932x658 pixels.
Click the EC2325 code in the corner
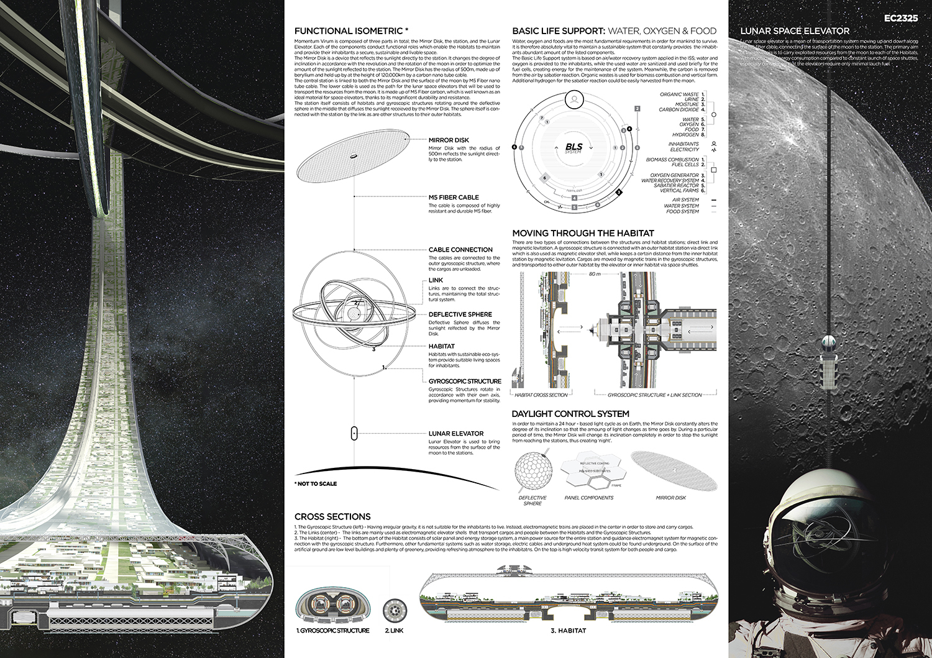(x=900, y=18)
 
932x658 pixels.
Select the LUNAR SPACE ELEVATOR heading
(x=795, y=30)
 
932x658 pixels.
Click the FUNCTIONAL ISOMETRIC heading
(x=351, y=31)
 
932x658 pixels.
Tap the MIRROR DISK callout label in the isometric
(x=449, y=140)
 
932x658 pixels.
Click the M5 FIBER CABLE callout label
(x=454, y=198)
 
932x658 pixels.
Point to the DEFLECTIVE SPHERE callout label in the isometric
(x=460, y=314)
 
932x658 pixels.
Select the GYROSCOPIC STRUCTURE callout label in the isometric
(x=465, y=381)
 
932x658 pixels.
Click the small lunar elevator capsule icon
(x=354, y=434)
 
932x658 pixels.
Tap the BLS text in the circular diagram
(x=573, y=147)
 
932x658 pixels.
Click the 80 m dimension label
(x=595, y=274)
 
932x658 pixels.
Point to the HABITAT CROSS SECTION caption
(x=541, y=395)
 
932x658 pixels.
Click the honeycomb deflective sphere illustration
(x=532, y=472)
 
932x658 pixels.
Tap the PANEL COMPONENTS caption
(x=588, y=498)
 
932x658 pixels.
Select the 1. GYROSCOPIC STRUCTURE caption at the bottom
(x=333, y=631)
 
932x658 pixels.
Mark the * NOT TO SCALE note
(x=316, y=483)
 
